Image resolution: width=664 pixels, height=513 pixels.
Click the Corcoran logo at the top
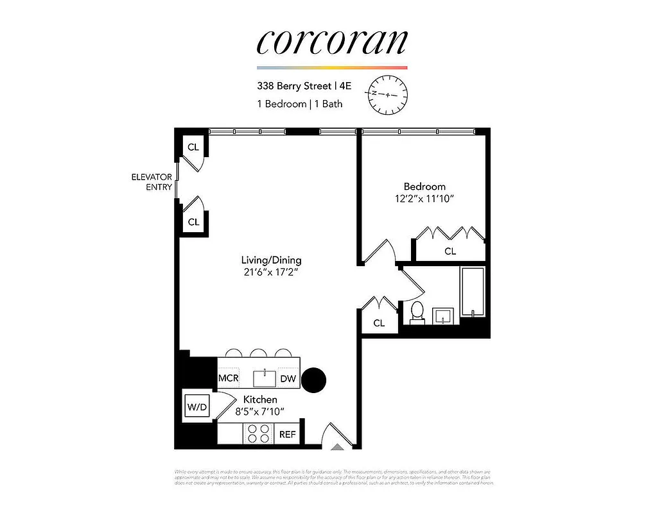coord(332,42)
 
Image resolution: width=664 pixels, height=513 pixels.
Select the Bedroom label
coord(424,187)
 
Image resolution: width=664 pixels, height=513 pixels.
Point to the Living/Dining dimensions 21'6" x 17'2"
coord(271,273)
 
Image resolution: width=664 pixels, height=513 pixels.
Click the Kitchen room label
coord(259,399)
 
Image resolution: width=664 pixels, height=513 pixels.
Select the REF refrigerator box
coord(287,434)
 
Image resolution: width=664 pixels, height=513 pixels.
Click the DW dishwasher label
coord(288,379)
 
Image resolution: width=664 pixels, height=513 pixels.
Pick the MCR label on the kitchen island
coord(229,379)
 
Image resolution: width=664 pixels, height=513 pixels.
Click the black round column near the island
coord(315,380)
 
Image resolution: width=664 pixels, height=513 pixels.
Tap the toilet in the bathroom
coord(417,312)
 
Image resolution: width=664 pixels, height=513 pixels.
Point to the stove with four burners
coord(259,434)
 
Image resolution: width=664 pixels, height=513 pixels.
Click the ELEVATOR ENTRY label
coord(152,182)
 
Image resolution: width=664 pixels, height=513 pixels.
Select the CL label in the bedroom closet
coord(450,251)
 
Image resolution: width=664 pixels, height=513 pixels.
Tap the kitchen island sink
coord(264,378)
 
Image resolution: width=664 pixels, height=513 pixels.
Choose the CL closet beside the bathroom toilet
coord(379,323)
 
